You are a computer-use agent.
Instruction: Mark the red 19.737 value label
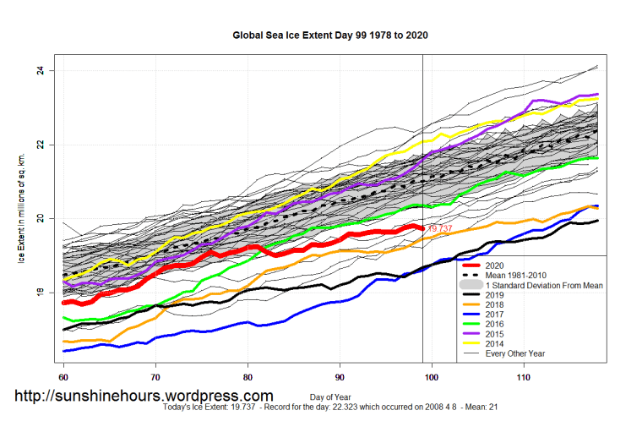click(x=440, y=229)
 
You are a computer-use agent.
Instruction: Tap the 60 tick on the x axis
click(x=63, y=375)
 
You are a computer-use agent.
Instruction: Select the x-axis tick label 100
click(x=432, y=375)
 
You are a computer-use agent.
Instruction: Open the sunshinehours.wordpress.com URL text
click(x=143, y=396)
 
